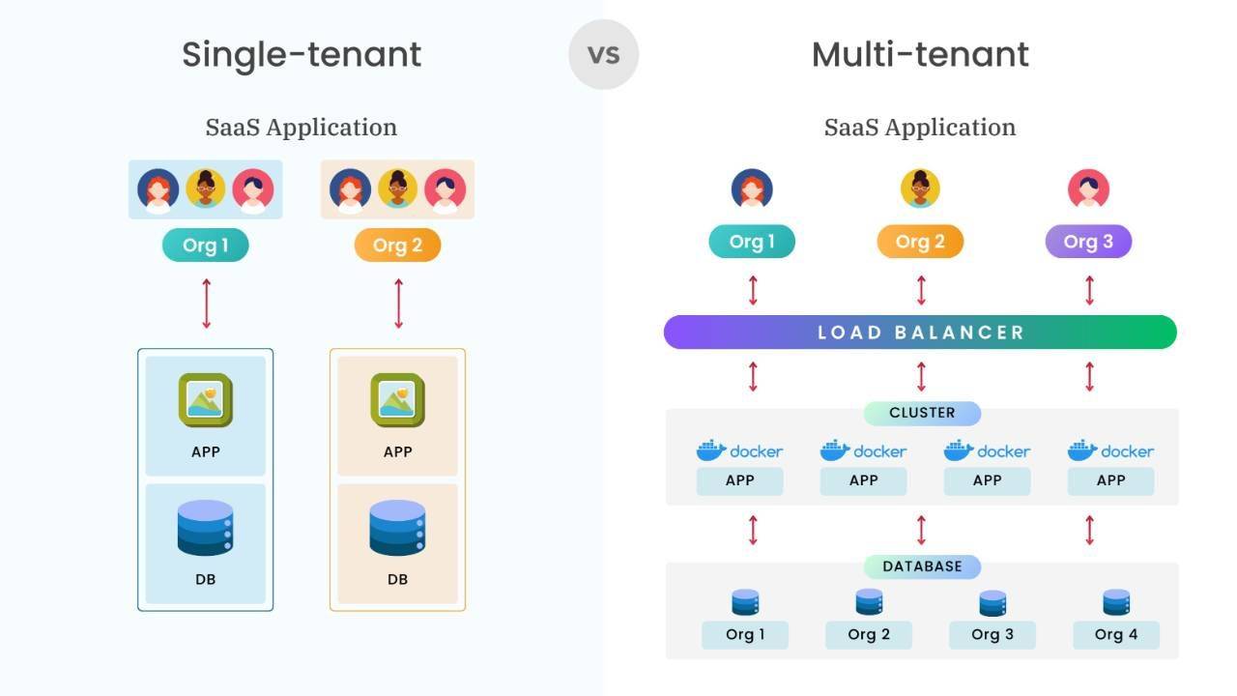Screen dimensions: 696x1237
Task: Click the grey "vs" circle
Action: pyautogui.click(x=603, y=54)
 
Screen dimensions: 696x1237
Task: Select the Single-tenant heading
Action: pyautogui.click(x=302, y=54)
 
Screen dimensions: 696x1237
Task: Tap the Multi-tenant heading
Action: pyautogui.click(x=920, y=54)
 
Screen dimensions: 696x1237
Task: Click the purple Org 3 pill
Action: pyautogui.click(x=1088, y=242)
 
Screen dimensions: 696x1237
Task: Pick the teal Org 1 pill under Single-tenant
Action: pyautogui.click(x=205, y=246)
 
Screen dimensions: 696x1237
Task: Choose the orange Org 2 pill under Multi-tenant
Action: pyautogui.click(x=920, y=242)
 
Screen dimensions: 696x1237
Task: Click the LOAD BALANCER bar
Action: pyautogui.click(x=920, y=333)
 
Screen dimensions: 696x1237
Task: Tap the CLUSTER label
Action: pyautogui.click(x=922, y=414)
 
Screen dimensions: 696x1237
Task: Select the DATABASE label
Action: pyautogui.click(x=922, y=566)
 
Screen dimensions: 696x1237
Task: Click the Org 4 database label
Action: pyautogui.click(x=1116, y=635)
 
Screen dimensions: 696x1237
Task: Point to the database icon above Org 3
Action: pyautogui.click(x=992, y=603)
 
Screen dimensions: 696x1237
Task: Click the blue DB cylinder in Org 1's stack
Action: pyautogui.click(x=205, y=528)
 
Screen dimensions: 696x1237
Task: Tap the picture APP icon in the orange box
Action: pyautogui.click(x=397, y=400)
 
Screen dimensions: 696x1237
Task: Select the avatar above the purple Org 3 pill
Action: pyautogui.click(x=1088, y=189)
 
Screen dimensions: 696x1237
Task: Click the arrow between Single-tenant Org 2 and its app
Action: pyautogui.click(x=398, y=304)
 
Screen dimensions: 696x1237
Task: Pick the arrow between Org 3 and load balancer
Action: pyautogui.click(x=1089, y=290)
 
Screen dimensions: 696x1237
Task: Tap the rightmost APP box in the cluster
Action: pyautogui.click(x=1110, y=480)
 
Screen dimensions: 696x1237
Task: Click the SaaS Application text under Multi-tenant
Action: pyautogui.click(x=920, y=128)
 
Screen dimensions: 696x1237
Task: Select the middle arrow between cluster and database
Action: pyautogui.click(x=921, y=530)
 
